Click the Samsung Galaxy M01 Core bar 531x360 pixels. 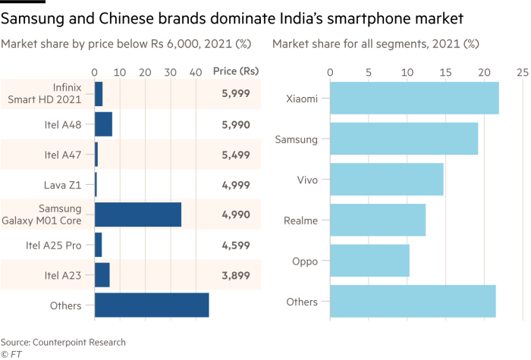[137, 215]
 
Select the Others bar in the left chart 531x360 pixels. [152, 305]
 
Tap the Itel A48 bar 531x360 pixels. [104, 124]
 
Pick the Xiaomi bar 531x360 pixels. [414, 98]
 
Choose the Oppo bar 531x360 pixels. [370, 261]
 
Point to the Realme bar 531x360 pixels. [378, 220]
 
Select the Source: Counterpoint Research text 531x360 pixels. [63, 342]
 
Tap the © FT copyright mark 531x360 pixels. [11, 353]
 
